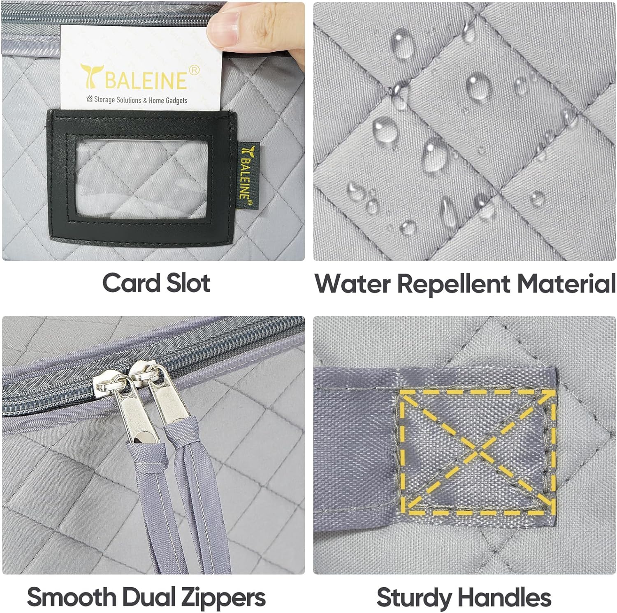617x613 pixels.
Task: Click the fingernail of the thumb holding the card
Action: (224, 29)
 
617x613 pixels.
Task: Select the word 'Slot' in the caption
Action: (188, 283)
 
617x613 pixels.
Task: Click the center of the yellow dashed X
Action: (478, 453)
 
